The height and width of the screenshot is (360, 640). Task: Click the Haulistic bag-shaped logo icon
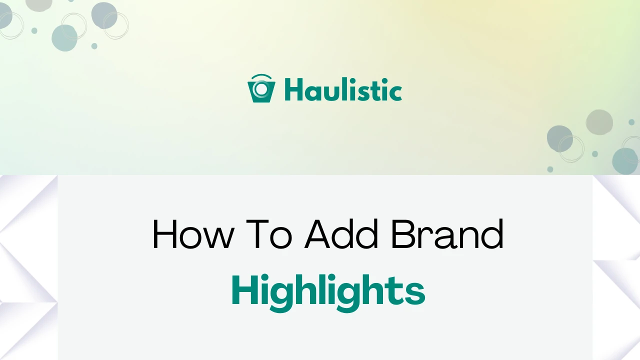pos(261,90)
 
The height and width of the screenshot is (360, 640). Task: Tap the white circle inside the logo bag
pos(260,89)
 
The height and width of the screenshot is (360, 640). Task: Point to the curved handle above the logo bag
pos(261,77)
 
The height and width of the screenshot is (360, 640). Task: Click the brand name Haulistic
pos(343,90)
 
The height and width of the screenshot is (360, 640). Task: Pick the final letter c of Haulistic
pos(395,92)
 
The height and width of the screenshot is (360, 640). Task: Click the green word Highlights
pos(328,291)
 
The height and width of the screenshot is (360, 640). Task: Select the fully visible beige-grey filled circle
pos(599,122)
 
